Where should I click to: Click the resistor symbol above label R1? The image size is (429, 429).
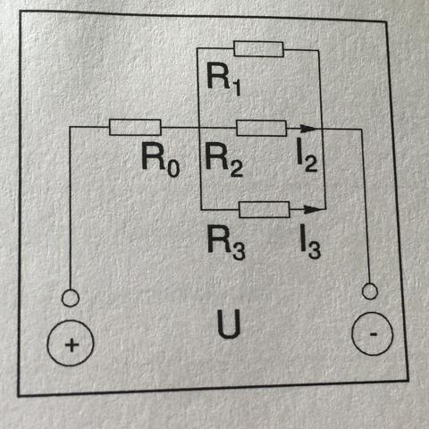click(x=258, y=49)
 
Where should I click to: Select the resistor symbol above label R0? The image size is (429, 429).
click(x=135, y=127)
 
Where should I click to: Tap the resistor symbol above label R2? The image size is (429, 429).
click(x=261, y=128)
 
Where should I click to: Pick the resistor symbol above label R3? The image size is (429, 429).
click(x=265, y=209)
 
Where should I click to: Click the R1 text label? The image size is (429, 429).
click(x=223, y=79)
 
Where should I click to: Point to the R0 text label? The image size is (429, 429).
click(x=160, y=160)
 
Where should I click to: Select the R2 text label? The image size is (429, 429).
click(x=224, y=160)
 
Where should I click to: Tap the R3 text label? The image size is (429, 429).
click(x=226, y=243)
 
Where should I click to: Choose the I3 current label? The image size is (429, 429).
click(x=310, y=241)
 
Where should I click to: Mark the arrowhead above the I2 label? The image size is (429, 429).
click(x=307, y=129)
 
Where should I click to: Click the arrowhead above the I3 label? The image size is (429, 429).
click(x=314, y=209)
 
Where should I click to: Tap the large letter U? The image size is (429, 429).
click(x=229, y=324)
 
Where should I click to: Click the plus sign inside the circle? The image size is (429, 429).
click(x=71, y=346)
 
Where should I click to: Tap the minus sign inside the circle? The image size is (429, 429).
click(x=374, y=334)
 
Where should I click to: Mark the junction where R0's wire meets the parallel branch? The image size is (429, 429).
click(x=199, y=128)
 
